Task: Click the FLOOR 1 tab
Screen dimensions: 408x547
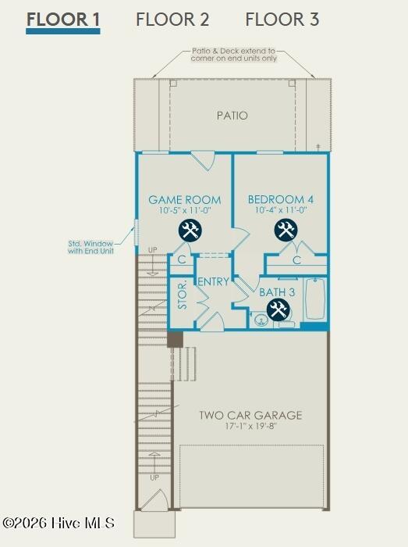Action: pyautogui.click(x=63, y=20)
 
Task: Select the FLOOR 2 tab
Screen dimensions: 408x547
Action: pyautogui.click(x=172, y=20)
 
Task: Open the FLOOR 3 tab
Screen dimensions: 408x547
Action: pyautogui.click(x=282, y=20)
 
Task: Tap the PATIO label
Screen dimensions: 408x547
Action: pyautogui.click(x=232, y=116)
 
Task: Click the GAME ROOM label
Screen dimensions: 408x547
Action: pyautogui.click(x=185, y=200)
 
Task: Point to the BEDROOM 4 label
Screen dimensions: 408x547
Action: pyautogui.click(x=281, y=199)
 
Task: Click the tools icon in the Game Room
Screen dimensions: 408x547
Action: pyautogui.click(x=190, y=231)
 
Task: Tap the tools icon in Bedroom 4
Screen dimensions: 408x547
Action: pyautogui.click(x=286, y=231)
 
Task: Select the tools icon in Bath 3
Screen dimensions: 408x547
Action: pyautogui.click(x=279, y=310)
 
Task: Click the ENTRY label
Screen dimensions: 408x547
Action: pyautogui.click(x=214, y=281)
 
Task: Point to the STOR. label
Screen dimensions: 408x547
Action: pyautogui.click(x=183, y=295)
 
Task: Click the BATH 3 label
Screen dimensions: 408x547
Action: pyautogui.click(x=277, y=292)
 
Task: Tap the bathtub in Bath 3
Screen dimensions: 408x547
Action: pyautogui.click(x=315, y=299)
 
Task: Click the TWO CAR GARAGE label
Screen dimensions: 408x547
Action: pyautogui.click(x=250, y=415)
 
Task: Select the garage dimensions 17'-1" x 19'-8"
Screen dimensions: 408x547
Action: pyautogui.click(x=250, y=426)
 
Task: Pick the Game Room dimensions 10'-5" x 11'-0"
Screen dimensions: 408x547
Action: pyautogui.click(x=185, y=210)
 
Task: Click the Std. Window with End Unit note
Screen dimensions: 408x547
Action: pyautogui.click(x=90, y=247)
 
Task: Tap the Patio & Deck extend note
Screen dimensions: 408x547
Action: pyautogui.click(x=233, y=55)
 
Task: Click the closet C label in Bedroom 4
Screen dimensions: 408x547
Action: pyautogui.click(x=296, y=260)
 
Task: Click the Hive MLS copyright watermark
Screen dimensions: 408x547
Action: pyautogui.click(x=59, y=523)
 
